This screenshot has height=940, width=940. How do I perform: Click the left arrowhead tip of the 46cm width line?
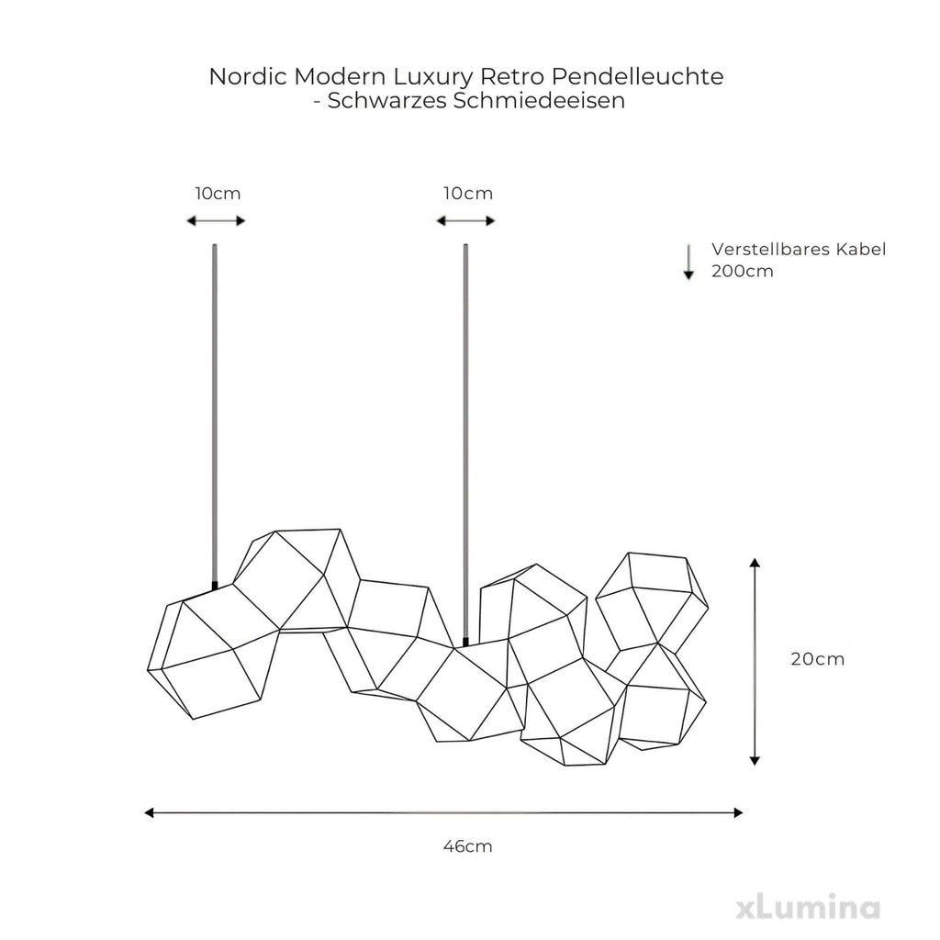click(x=145, y=813)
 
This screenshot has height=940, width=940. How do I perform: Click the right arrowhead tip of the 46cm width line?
click(x=744, y=813)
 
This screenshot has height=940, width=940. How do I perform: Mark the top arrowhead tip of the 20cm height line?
click(x=755, y=558)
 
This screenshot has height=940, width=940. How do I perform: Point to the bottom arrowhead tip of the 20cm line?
click(x=755, y=766)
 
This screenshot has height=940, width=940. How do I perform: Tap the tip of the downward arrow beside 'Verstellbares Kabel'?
click(x=688, y=279)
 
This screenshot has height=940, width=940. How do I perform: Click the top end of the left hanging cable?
click(x=215, y=244)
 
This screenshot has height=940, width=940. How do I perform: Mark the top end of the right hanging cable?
click(x=465, y=244)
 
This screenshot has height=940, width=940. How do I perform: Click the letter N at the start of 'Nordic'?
click(x=218, y=77)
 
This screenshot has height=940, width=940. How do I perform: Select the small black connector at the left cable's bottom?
click(x=215, y=585)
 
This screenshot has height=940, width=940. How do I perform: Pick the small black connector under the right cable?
click(x=465, y=643)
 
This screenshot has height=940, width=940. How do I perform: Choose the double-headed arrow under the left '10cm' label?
click(x=216, y=221)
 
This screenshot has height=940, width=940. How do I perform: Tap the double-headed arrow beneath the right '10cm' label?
click(x=465, y=221)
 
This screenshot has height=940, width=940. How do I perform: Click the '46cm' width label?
click(x=467, y=846)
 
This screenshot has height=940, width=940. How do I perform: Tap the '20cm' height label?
click(x=818, y=659)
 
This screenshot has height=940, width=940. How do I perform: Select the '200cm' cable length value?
click(x=742, y=271)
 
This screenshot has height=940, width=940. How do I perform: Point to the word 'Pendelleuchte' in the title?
click(x=637, y=77)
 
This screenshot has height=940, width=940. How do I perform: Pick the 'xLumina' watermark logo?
click(x=808, y=908)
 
